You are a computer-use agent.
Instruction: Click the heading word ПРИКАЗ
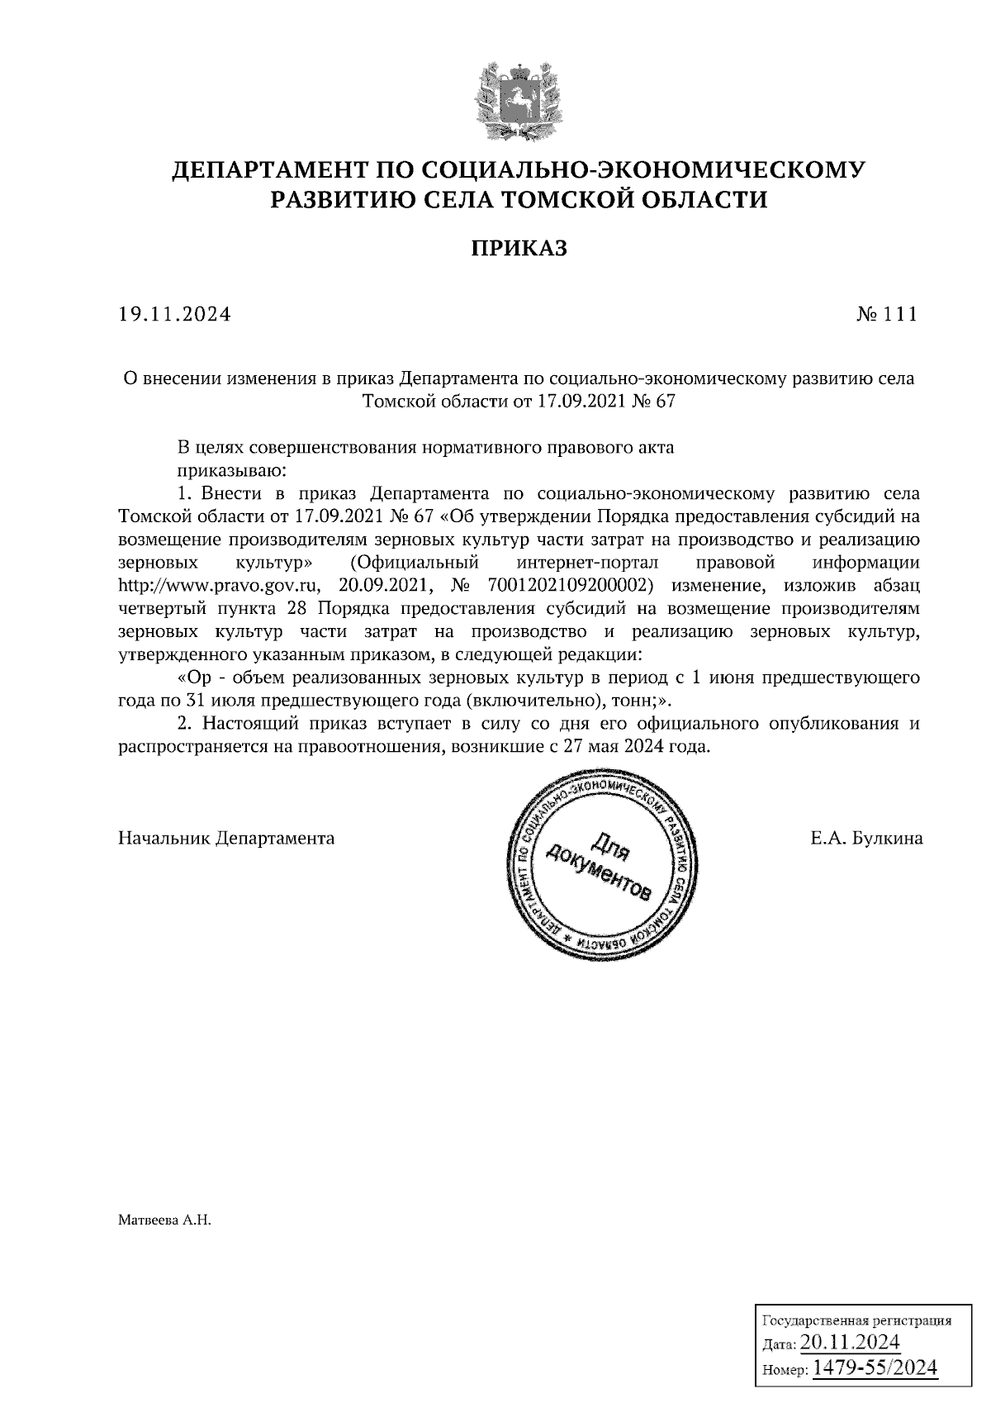pyautogui.click(x=519, y=249)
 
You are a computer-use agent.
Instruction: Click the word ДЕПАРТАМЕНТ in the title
pyautogui.click(x=268, y=171)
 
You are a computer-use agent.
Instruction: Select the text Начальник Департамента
pyautogui.click(x=226, y=838)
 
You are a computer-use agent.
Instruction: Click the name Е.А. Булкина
pyautogui.click(x=866, y=838)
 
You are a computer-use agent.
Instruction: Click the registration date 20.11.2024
pyautogui.click(x=850, y=1341)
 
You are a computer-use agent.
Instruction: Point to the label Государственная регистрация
pyautogui.click(x=855, y=1320)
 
